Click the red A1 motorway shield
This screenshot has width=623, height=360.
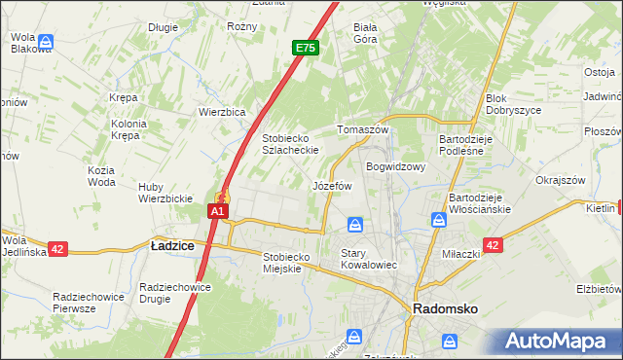pos(219,211)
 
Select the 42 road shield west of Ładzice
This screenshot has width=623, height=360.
pos(57,249)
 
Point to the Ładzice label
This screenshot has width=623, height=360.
pos(172,247)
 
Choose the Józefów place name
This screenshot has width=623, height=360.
pos(331,185)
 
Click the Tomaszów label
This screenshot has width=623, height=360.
pos(362,129)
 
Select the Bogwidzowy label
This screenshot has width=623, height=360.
pos(396,166)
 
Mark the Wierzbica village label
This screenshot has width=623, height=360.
pos(222,112)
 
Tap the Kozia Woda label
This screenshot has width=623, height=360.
pos(101,176)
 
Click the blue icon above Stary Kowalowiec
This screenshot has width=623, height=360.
pos(356,226)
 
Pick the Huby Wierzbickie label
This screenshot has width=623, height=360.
pos(165,193)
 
